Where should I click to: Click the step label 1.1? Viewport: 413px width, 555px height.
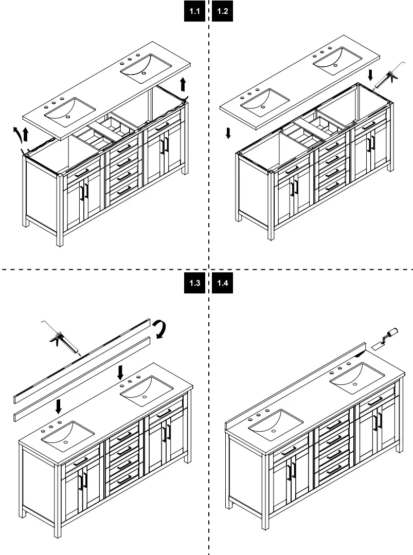[x=194, y=11]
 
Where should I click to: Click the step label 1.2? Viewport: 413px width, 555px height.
[x=222, y=11]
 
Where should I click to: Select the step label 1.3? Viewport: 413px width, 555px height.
[x=194, y=283]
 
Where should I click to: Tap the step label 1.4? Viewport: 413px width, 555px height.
[x=222, y=283]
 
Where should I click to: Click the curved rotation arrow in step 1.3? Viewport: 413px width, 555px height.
[x=160, y=328]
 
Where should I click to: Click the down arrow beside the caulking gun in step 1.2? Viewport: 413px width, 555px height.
[x=370, y=75]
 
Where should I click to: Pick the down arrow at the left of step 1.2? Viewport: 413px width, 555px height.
[x=228, y=133]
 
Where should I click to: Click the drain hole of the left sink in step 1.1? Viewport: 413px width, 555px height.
[x=68, y=117]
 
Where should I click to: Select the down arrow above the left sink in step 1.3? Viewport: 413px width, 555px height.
[x=59, y=406]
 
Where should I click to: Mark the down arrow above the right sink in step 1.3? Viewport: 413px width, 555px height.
[x=120, y=373]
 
